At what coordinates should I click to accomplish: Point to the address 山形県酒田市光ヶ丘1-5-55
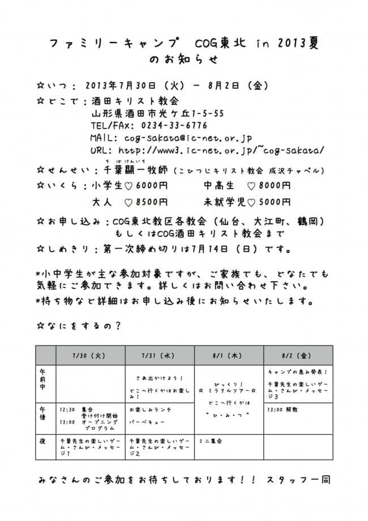tap(157, 113)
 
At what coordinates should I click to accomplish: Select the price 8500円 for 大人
tap(150, 201)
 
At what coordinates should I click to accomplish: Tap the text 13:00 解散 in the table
tap(283, 409)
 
